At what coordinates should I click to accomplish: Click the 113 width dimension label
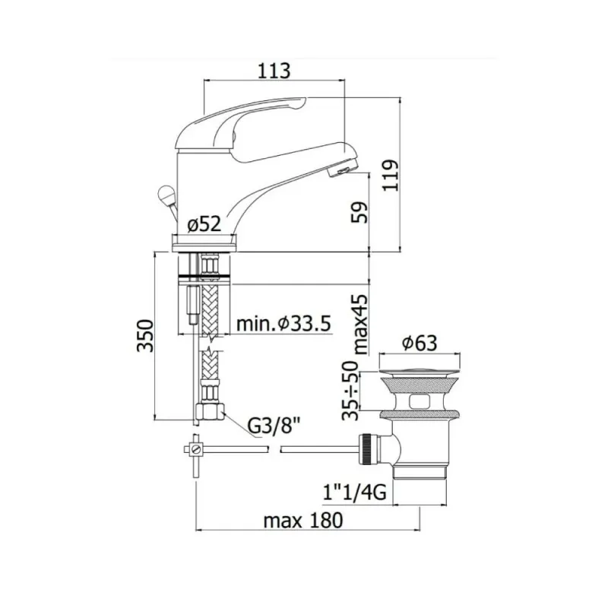pos(274,71)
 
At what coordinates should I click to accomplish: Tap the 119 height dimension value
pos(390,175)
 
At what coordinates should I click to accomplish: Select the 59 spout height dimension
pos(359,212)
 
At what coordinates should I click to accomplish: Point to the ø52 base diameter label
pos(204,224)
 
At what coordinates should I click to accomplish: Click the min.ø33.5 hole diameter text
pos(283,324)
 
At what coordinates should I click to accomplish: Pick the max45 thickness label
pos(359,325)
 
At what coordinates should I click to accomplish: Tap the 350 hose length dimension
pos(145,336)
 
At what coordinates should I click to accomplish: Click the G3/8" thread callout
pos(274,426)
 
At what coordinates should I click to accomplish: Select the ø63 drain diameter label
pos(420,343)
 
